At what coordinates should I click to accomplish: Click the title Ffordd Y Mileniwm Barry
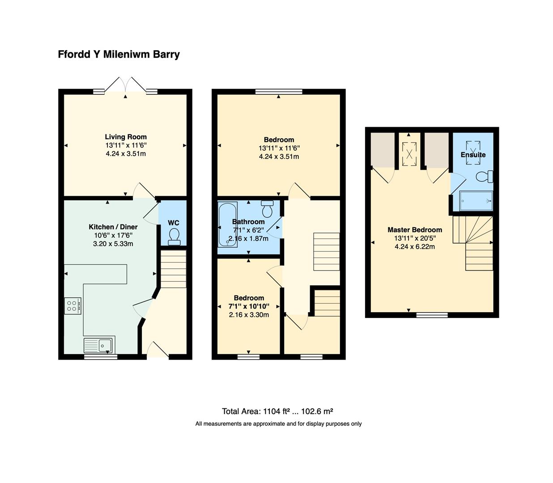(x=119, y=55)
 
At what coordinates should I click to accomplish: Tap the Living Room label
(x=126, y=137)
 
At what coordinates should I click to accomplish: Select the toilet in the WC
(x=174, y=236)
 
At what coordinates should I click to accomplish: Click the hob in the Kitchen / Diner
(x=72, y=306)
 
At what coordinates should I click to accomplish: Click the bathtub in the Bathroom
(x=227, y=225)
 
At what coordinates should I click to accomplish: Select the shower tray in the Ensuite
(x=476, y=201)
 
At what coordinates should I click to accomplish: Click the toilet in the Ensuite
(x=484, y=177)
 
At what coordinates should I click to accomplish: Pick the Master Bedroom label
(x=415, y=230)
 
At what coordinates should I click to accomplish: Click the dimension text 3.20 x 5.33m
(x=113, y=244)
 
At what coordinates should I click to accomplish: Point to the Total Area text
(x=277, y=411)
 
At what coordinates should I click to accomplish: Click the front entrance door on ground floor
(x=158, y=351)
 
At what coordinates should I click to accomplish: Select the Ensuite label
(x=473, y=155)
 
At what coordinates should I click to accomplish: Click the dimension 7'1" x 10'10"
(x=249, y=306)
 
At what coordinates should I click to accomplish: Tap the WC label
(x=174, y=223)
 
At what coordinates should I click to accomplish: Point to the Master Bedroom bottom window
(x=432, y=315)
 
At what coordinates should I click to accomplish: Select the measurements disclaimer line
(x=278, y=424)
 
